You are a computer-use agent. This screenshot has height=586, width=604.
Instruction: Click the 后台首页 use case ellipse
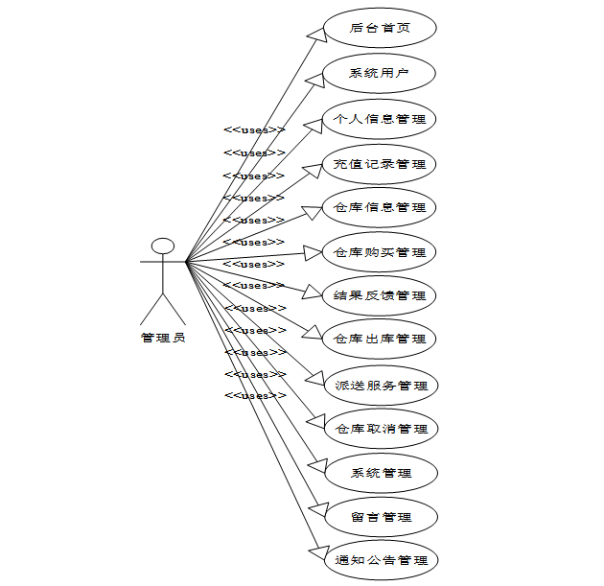(380, 28)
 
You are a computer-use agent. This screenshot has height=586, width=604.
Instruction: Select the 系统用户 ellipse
(380, 73)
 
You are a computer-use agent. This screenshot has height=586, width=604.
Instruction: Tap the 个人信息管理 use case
(380, 119)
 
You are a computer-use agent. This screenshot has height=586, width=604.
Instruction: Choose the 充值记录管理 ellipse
(380, 164)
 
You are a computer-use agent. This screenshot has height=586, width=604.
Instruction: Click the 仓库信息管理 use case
(380, 207)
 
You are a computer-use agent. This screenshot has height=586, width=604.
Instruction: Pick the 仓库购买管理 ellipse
(380, 252)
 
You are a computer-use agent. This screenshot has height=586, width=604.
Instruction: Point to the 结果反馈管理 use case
(380, 295)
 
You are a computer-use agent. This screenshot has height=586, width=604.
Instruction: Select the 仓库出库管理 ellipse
(380, 339)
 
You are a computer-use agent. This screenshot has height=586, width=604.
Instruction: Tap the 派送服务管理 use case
(381, 385)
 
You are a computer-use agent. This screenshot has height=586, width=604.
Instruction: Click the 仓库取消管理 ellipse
(381, 429)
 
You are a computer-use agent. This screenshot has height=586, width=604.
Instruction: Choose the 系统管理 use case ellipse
(381, 473)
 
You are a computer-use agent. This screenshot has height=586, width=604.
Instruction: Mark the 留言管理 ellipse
(381, 517)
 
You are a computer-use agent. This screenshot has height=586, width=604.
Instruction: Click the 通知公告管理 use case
(381, 560)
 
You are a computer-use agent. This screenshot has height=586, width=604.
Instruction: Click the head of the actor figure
(163, 246)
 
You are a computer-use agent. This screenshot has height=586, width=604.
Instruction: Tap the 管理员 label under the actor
(163, 337)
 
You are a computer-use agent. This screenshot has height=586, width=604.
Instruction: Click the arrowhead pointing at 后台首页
(315, 34)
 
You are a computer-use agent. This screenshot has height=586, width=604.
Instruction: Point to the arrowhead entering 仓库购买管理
(312, 252)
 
